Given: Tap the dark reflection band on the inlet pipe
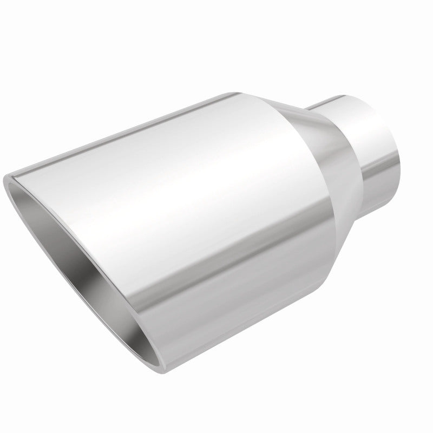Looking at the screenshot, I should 373,168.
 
